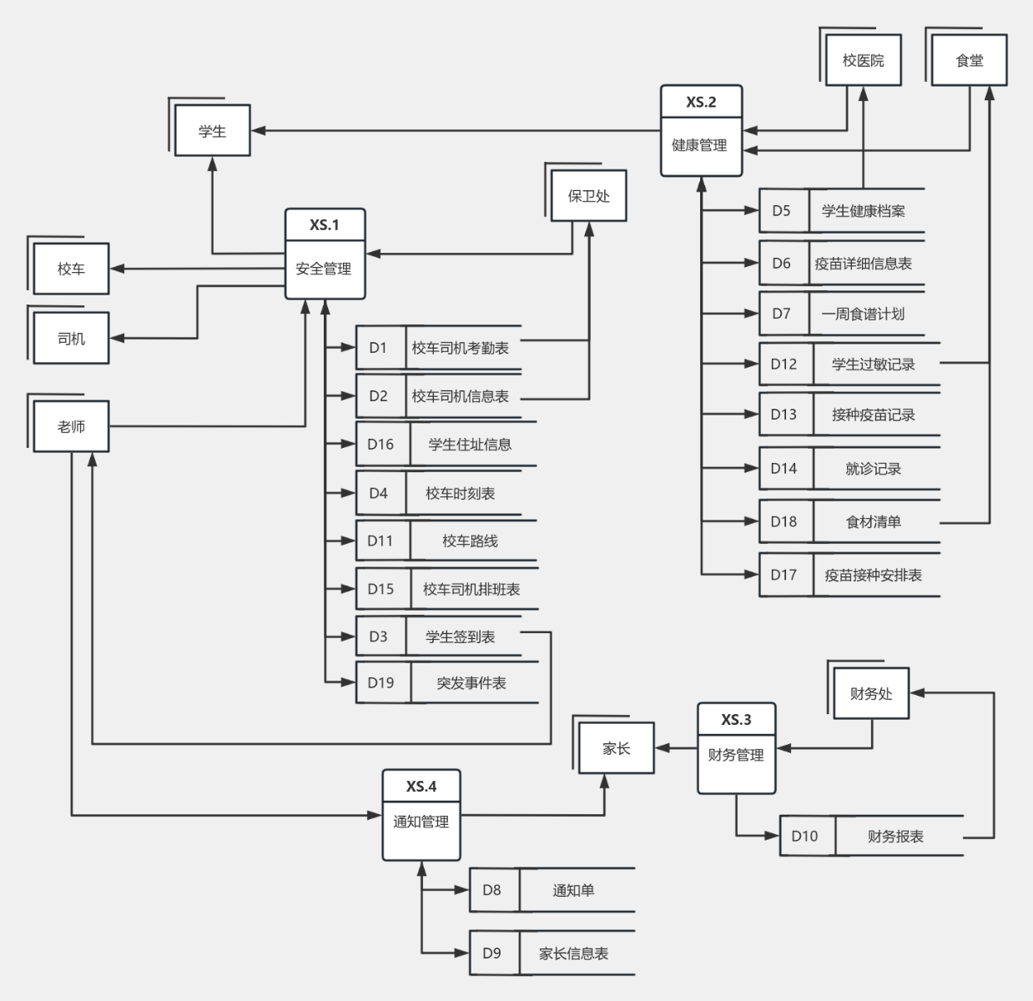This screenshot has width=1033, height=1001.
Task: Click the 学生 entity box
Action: [212, 131]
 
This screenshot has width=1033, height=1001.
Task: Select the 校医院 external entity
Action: [863, 60]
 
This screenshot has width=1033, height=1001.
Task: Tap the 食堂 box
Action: [969, 60]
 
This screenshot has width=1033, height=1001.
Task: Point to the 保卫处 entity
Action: [588, 196]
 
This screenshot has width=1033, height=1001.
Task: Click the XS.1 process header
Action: [325, 224]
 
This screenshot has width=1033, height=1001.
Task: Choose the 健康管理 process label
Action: [700, 145]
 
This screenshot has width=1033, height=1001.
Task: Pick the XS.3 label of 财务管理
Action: [736, 719]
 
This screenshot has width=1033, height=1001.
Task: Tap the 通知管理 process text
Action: [421, 822]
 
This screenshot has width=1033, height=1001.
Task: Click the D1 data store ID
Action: [379, 348]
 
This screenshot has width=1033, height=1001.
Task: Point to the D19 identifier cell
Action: [380, 683]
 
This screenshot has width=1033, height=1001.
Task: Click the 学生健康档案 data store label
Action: [863, 211]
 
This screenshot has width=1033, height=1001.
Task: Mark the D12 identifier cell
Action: [784, 365]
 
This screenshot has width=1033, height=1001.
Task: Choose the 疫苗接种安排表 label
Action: [873, 575]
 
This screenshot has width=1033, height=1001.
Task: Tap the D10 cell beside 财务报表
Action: [804, 836]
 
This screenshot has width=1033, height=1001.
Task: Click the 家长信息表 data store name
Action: [573, 953]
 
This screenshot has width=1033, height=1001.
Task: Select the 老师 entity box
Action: [71, 426]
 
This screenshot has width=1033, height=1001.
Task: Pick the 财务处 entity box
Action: [871, 693]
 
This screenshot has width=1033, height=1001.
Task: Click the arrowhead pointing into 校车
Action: [116, 269]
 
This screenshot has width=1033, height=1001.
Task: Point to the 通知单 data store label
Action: [573, 890]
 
